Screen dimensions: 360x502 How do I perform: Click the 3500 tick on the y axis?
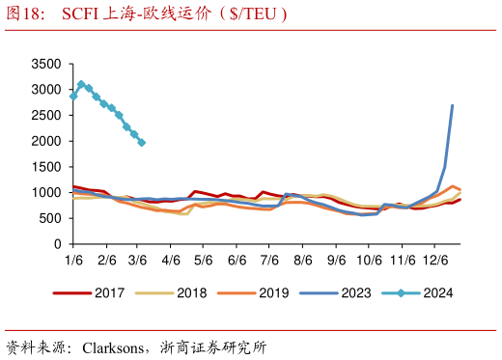coord(46,65)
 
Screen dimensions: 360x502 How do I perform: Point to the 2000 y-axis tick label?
coord(46,142)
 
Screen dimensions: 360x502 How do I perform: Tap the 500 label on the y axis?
coord(50,219)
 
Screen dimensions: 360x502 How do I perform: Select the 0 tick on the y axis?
coord(58,245)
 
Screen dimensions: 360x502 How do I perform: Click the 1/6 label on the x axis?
coord(73,261)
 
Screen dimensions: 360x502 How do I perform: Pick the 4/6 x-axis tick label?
coord(171,261)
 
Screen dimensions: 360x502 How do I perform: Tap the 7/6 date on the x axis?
coord(269,261)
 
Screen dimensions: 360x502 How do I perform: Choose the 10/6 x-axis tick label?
coord(369,261)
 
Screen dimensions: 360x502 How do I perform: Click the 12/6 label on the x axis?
coord(434,261)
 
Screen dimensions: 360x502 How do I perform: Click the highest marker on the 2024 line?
coord(81,84)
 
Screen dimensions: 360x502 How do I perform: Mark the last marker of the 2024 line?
coord(142,143)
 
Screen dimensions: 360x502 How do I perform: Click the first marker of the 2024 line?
coord(73,97)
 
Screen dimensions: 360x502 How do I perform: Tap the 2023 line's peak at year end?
coord(452,106)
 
